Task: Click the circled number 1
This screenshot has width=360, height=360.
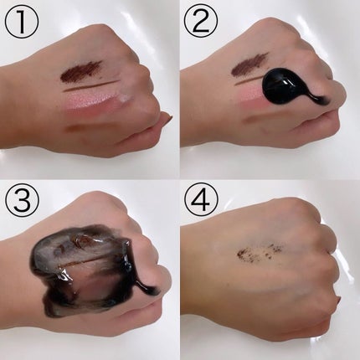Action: point(22,21)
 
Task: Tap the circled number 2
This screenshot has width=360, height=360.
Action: point(202,21)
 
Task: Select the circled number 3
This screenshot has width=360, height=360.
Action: point(22,201)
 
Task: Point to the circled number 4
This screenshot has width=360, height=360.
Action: point(202,201)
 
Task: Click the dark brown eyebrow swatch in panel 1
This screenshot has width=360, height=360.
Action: point(81,72)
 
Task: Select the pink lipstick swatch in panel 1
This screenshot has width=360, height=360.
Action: point(90,100)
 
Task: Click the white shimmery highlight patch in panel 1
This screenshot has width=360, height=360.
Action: point(125,96)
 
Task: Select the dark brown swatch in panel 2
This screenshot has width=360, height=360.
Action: point(249,66)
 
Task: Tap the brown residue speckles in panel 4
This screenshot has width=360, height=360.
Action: point(258,252)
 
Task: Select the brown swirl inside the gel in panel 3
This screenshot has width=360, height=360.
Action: point(81,241)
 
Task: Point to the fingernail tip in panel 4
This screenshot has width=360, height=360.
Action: point(339,301)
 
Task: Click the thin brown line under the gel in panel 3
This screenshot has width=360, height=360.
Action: point(90,262)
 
